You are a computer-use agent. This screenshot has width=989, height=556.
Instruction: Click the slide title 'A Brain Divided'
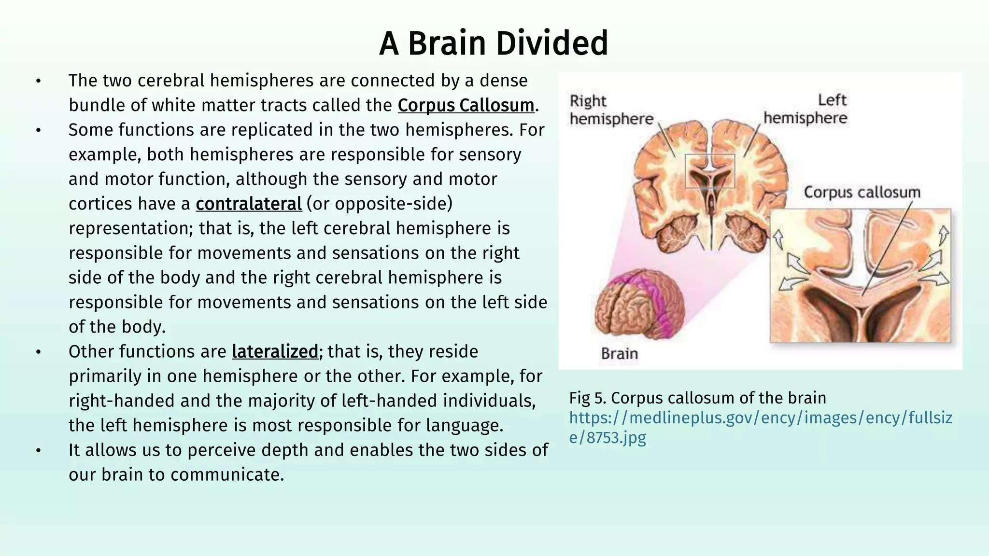point(494,43)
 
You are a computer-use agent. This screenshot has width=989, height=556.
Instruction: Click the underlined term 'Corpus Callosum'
point(466,105)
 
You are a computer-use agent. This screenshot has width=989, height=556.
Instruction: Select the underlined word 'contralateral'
point(249,204)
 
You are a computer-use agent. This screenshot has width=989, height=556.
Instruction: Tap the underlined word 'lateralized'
point(275,351)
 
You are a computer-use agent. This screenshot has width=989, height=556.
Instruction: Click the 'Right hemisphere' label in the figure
point(611,110)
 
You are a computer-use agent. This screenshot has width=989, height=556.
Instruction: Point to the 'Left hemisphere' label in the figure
point(805,109)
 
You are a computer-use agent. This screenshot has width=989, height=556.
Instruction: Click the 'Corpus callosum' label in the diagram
point(862,192)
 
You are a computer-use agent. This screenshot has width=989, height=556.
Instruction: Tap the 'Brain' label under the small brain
point(620,354)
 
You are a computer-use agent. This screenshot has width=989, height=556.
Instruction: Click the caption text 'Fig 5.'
point(588,398)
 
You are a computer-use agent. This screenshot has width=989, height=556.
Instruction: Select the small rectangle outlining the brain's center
point(710,171)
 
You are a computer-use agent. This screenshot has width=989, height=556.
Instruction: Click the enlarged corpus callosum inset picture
point(860,276)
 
